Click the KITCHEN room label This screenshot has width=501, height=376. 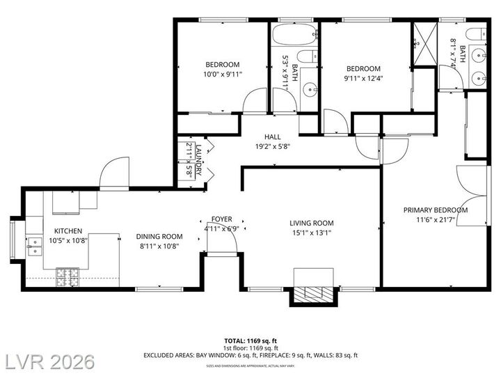pyautogui.click(x=68, y=231)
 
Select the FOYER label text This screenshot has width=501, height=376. pyautogui.click(x=222, y=219)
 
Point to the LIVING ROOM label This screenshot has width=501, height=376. pyautogui.click(x=312, y=224)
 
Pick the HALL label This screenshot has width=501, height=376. pyautogui.click(x=272, y=137)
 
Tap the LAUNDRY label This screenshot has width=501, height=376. pyautogui.click(x=198, y=161)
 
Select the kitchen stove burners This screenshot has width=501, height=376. pyautogui.click(x=68, y=277)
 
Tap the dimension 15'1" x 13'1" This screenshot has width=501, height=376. pyautogui.click(x=312, y=233)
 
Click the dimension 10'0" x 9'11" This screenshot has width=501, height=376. pyautogui.click(x=223, y=75)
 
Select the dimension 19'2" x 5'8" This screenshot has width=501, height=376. pyautogui.click(x=272, y=147)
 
